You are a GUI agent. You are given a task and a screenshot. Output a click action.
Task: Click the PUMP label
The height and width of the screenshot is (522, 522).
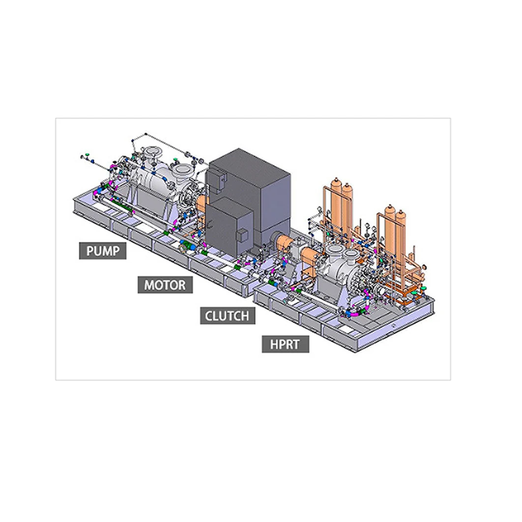pos(103,250)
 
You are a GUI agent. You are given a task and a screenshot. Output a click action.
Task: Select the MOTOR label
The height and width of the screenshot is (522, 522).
pos(165,285)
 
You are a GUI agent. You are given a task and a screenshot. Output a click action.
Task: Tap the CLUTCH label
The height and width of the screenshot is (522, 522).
pos(228,316)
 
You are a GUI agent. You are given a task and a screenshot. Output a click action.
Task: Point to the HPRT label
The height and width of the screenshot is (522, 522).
pos(285,344)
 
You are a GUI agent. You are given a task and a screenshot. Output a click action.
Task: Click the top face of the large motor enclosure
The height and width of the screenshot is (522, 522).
pos(249,165)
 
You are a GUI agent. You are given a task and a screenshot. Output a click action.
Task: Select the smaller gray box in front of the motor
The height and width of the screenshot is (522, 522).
pos(229,227)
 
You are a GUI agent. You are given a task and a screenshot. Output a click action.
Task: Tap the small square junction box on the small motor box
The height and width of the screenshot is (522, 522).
pos(242,235)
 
